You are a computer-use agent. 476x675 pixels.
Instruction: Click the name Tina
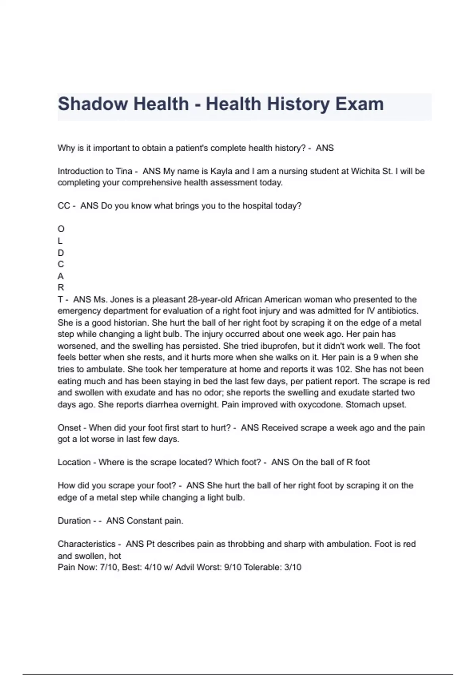pyautogui.click(x=124, y=171)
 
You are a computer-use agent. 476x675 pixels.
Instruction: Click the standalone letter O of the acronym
pyautogui.click(x=61, y=229)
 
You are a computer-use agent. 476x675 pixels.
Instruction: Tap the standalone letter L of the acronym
pyautogui.click(x=60, y=241)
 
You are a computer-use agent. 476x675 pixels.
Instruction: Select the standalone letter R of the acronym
pyautogui.click(x=61, y=287)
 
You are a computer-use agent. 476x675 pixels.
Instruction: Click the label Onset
pyautogui.click(x=69, y=428)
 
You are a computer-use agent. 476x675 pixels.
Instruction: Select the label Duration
pyautogui.click(x=74, y=521)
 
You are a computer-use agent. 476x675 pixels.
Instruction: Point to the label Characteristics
pyautogui.click(x=86, y=544)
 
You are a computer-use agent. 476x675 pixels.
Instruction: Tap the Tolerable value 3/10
pyautogui.click(x=293, y=567)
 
